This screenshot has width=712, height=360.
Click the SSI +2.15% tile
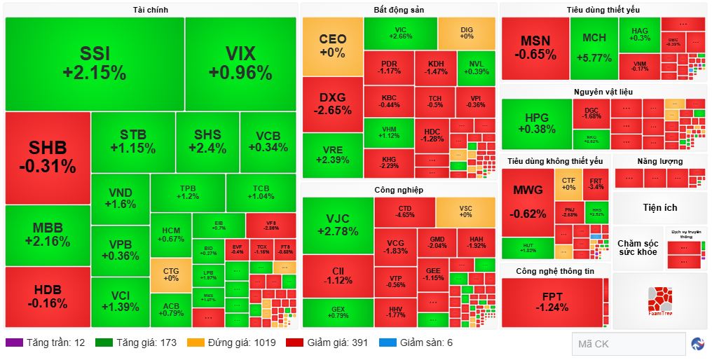[x=94, y=63]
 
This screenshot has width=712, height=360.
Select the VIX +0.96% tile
[x=240, y=63]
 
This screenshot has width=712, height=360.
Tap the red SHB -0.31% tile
[x=48, y=157]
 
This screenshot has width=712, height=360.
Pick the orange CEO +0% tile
[x=332, y=46]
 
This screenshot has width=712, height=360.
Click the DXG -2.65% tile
[x=332, y=104]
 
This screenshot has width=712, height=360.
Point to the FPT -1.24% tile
[x=552, y=301]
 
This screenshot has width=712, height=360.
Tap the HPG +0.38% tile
[x=536, y=123]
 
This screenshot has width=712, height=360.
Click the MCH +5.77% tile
[x=594, y=48]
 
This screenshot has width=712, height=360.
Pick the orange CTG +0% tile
[x=170, y=275]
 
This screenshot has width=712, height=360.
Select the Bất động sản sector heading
[x=398, y=10]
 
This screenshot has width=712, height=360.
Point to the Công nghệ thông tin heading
[x=554, y=271]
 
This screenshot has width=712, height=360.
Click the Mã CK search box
[x=627, y=344]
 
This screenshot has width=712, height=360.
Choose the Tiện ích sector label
[x=659, y=208]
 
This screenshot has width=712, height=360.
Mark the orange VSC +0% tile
[x=465, y=212]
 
